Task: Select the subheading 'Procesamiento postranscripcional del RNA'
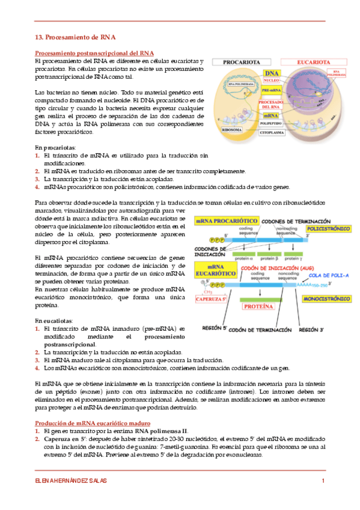pos(94,53)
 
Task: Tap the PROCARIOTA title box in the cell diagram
pos(242,62)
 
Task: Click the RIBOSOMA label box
pos(233,129)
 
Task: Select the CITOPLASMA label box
pos(274,129)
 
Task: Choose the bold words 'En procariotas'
pos(55,147)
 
